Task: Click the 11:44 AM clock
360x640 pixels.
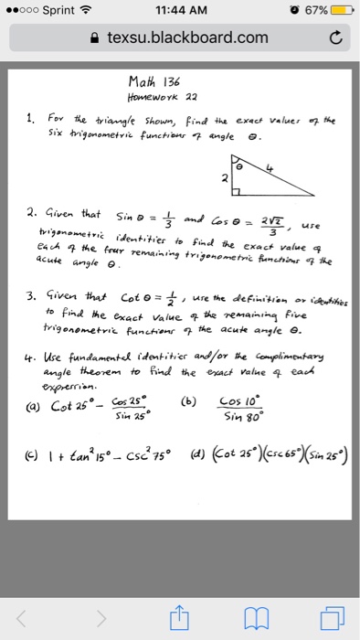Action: coord(181,10)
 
